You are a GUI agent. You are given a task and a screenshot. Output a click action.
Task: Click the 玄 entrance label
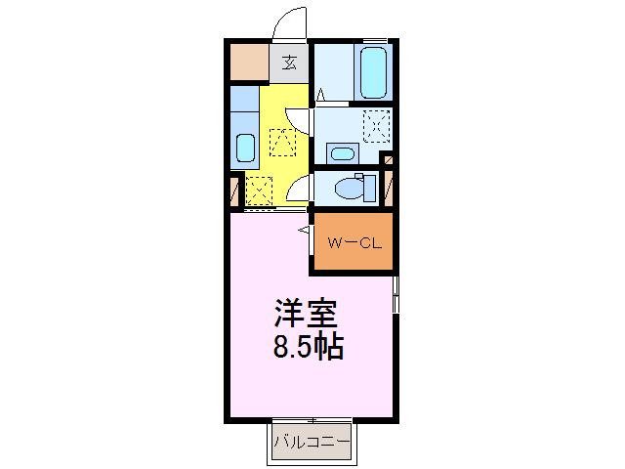coord(289,64)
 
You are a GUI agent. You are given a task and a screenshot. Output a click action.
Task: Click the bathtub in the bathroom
coord(374,70)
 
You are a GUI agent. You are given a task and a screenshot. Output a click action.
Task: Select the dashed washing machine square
coord(376,125)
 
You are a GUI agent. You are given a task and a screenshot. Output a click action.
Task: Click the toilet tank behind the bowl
coord(368,186)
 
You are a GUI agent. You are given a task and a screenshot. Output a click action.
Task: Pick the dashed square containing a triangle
coord(281,142)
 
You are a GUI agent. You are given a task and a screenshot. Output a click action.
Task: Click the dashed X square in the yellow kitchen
coord(259,187)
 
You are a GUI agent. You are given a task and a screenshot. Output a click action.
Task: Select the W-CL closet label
coord(353,243)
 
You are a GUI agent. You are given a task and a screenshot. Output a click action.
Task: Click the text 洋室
coord(305,316)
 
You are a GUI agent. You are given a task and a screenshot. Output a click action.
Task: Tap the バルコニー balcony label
coord(311,443)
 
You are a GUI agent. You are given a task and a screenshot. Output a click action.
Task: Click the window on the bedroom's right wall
coord(396,294)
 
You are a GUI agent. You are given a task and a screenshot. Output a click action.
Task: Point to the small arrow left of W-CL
coord(304,231)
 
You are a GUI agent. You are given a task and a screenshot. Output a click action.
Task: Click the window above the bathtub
coord(374,40)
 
